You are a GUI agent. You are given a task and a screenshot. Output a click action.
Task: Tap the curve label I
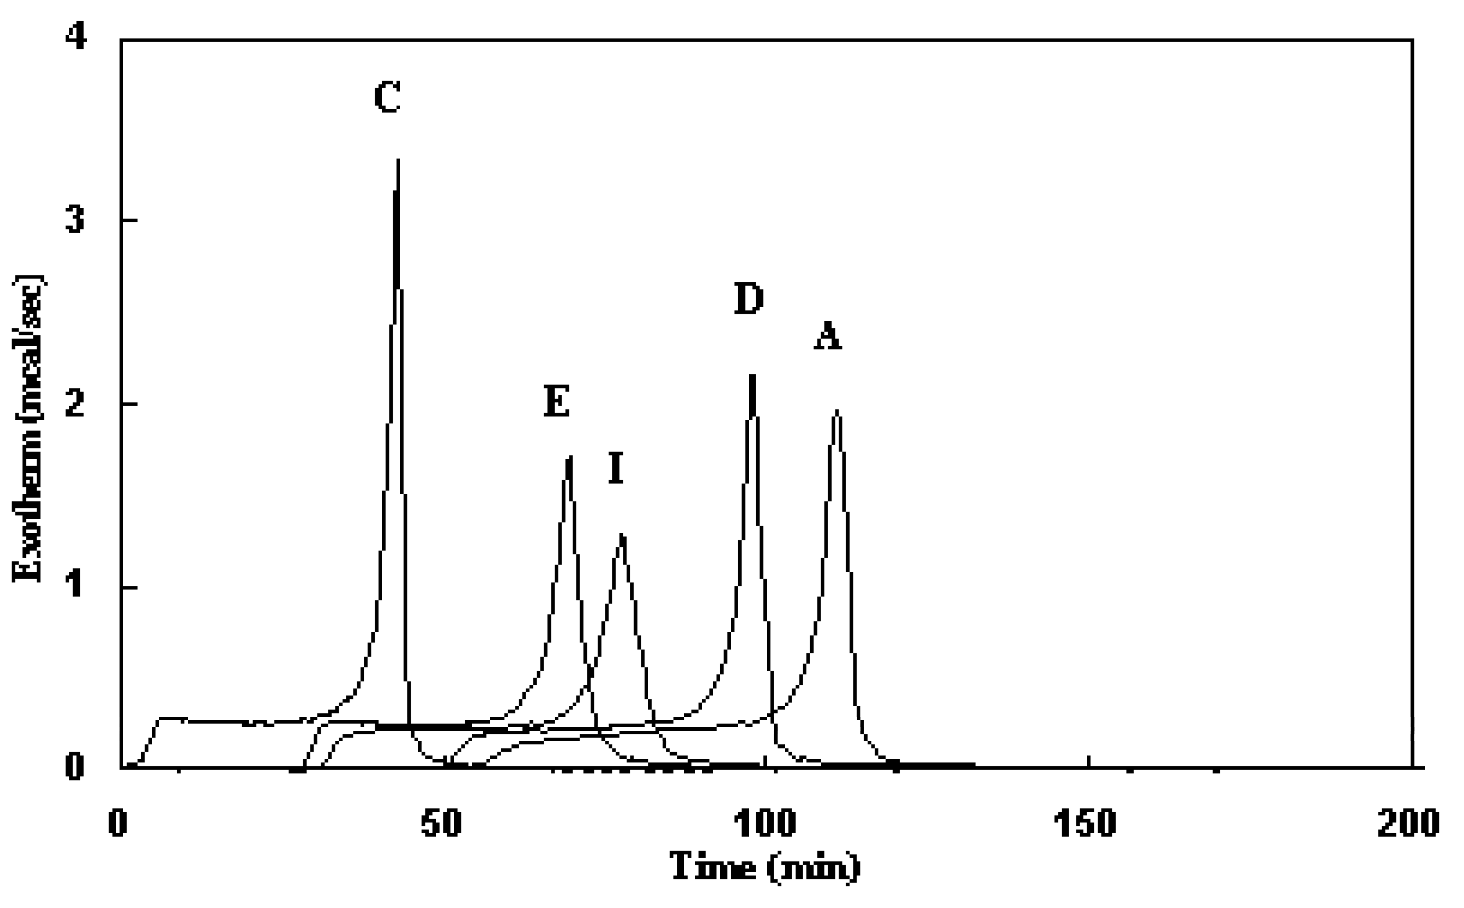coord(616,468)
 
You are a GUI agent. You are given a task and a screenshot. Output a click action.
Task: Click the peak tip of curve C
coord(398,160)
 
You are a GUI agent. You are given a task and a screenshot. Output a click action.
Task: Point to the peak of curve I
coord(623,535)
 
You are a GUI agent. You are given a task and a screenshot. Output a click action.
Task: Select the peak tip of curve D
coord(752,376)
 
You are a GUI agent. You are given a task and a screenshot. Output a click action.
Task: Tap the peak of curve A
coord(837,411)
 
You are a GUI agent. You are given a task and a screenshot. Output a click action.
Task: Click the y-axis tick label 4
coord(76,38)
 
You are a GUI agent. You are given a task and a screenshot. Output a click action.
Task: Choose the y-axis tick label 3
coord(76,221)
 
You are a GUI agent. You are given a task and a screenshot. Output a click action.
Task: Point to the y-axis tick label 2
coord(76,404)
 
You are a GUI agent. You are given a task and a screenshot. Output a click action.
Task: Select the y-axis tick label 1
coord(76,587)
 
